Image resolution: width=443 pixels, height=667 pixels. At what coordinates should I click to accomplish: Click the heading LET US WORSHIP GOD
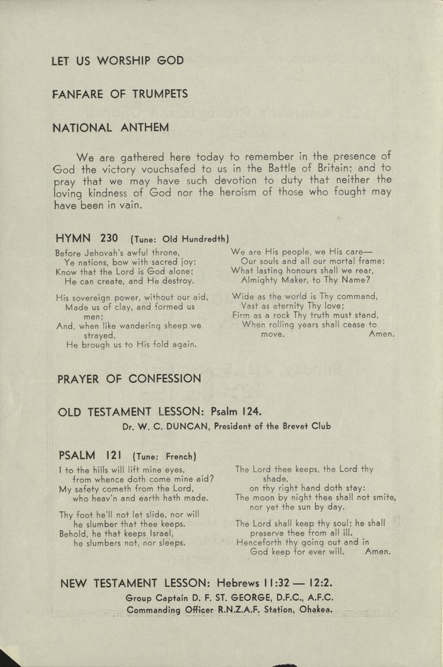(117, 61)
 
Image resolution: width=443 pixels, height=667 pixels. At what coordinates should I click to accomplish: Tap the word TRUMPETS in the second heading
(160, 94)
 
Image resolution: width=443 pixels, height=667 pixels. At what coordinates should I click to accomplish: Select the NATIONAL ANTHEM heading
(110, 128)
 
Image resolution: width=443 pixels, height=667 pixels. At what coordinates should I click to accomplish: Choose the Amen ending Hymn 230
(381, 334)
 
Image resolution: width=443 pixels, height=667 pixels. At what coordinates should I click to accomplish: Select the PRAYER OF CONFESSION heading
(130, 378)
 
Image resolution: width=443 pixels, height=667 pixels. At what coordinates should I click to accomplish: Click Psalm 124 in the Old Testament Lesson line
(237, 412)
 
